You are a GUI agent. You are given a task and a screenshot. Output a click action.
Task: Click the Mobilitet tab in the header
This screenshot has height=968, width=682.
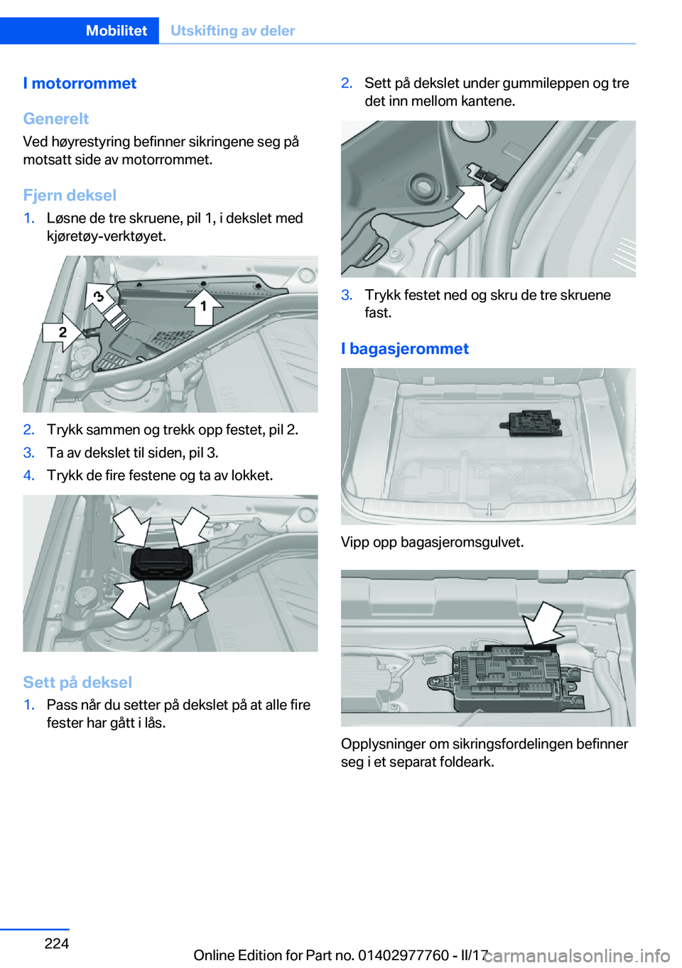coord(116,31)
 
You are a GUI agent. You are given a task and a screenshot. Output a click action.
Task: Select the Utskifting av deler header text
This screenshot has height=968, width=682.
coord(232,31)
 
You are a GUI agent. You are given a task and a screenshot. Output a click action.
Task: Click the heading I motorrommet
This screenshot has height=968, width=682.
coord(80,83)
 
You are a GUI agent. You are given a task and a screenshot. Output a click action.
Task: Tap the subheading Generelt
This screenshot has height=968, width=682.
coord(56,119)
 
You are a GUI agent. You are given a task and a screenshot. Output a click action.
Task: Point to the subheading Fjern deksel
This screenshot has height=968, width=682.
coord(70,195)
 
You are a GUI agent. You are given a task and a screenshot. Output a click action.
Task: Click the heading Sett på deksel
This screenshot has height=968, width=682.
coord(77,682)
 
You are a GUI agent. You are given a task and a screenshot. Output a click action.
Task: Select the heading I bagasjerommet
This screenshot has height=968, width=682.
coord(405,348)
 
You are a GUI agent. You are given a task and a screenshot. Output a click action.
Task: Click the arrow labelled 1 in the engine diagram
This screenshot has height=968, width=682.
coord(204,306)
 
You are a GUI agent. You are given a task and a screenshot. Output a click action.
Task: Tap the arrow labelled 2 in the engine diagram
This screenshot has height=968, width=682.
coord(63,332)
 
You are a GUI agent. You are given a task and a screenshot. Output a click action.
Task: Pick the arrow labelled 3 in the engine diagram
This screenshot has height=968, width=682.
coord(99,296)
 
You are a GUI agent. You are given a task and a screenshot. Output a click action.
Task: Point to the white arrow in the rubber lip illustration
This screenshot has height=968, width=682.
coord(468,198)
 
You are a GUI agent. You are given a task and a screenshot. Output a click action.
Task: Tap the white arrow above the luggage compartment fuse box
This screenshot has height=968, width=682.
coord(543,623)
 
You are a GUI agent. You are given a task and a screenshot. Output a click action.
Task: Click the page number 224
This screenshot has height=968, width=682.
coord(57,943)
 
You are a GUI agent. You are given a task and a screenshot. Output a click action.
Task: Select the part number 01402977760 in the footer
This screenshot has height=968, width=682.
coord(403,955)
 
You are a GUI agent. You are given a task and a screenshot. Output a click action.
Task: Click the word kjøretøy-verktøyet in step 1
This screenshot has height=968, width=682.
coord(107,236)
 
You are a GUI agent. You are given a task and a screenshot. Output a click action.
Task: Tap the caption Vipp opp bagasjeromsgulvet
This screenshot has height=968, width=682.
coord(432,542)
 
